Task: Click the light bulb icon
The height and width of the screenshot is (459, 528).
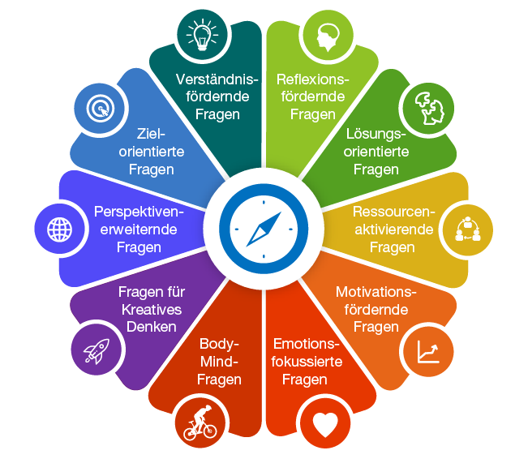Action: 202,35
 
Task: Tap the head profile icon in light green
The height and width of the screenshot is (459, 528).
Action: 328,37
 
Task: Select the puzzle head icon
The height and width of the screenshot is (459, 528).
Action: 429,108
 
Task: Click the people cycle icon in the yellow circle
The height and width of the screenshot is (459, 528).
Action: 467,229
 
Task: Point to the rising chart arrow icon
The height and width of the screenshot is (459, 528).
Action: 428,352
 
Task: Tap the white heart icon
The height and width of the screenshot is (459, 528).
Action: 325,424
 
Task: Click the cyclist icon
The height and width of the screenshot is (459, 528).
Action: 200,423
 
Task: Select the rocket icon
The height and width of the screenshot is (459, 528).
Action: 97,351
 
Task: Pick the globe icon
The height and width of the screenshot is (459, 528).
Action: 59,229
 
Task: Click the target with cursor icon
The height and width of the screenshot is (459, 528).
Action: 101,109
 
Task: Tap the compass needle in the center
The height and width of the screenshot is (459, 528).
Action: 264,229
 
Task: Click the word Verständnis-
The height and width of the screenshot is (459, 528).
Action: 217,79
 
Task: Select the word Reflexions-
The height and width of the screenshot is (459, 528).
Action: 313,79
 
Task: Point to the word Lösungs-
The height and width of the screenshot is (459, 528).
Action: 376,135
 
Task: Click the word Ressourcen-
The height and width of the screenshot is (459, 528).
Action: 394,212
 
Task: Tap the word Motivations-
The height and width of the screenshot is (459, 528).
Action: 376,292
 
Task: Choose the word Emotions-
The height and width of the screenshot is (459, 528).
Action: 306,344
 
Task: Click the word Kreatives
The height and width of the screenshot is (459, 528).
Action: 152,310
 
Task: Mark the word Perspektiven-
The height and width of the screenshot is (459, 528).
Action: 139,212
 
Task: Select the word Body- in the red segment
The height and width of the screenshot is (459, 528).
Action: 219,344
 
